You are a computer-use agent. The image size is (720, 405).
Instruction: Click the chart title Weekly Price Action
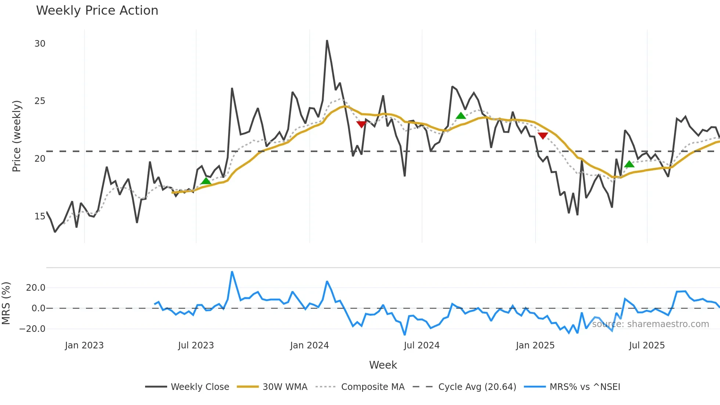(x=97, y=11)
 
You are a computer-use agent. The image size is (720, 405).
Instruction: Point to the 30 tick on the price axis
(x=40, y=44)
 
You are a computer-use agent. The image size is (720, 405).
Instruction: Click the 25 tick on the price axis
(x=40, y=101)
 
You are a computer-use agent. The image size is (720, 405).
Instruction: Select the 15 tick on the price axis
(x=40, y=216)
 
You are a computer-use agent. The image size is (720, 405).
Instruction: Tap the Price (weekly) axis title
(x=17, y=136)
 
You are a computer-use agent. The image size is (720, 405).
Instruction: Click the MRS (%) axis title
(x=6, y=303)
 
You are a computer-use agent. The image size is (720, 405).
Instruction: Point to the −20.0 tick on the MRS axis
(x=32, y=329)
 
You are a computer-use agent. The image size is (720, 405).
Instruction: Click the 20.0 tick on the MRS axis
(x=36, y=288)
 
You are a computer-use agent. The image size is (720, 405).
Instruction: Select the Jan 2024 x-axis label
(x=309, y=345)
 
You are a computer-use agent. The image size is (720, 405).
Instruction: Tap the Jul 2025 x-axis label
(x=647, y=345)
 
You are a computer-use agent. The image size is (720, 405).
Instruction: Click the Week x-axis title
(x=383, y=365)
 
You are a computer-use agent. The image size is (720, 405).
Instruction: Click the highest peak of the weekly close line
(x=327, y=40)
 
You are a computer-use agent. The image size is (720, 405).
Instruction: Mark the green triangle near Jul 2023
(x=206, y=181)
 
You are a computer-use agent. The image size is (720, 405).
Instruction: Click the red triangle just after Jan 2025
(x=543, y=136)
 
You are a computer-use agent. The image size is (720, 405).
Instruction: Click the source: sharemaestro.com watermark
(x=650, y=324)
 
